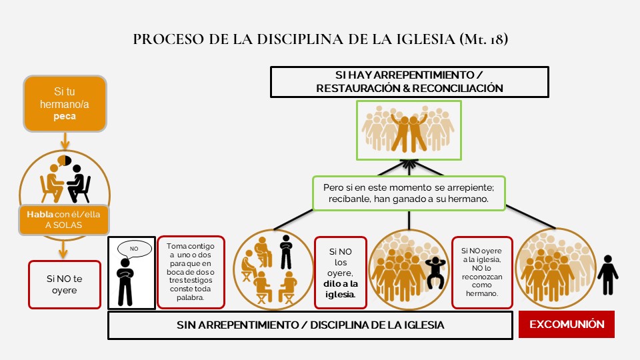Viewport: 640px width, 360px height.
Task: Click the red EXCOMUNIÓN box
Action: (567, 325)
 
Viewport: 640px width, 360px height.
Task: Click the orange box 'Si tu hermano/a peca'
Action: (65, 103)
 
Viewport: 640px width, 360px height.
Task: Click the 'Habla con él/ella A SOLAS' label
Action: (65, 220)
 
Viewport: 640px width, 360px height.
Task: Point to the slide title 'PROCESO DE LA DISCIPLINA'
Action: (320, 39)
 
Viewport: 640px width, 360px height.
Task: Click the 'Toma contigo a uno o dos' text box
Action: (191, 272)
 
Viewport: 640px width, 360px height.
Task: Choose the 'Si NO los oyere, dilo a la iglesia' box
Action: (341, 272)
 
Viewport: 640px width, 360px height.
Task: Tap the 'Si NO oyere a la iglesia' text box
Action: (482, 272)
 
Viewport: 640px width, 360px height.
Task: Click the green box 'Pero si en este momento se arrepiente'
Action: (409, 192)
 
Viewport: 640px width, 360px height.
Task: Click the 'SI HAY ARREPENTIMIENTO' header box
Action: (409, 81)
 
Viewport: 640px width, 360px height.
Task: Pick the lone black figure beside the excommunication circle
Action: (607, 274)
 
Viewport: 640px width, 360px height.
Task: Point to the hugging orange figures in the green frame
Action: (409, 131)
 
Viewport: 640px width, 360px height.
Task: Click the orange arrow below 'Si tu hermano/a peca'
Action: (65, 141)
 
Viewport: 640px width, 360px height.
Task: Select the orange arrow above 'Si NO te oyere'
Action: (64, 248)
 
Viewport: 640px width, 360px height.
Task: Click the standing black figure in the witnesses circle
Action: (286, 250)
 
